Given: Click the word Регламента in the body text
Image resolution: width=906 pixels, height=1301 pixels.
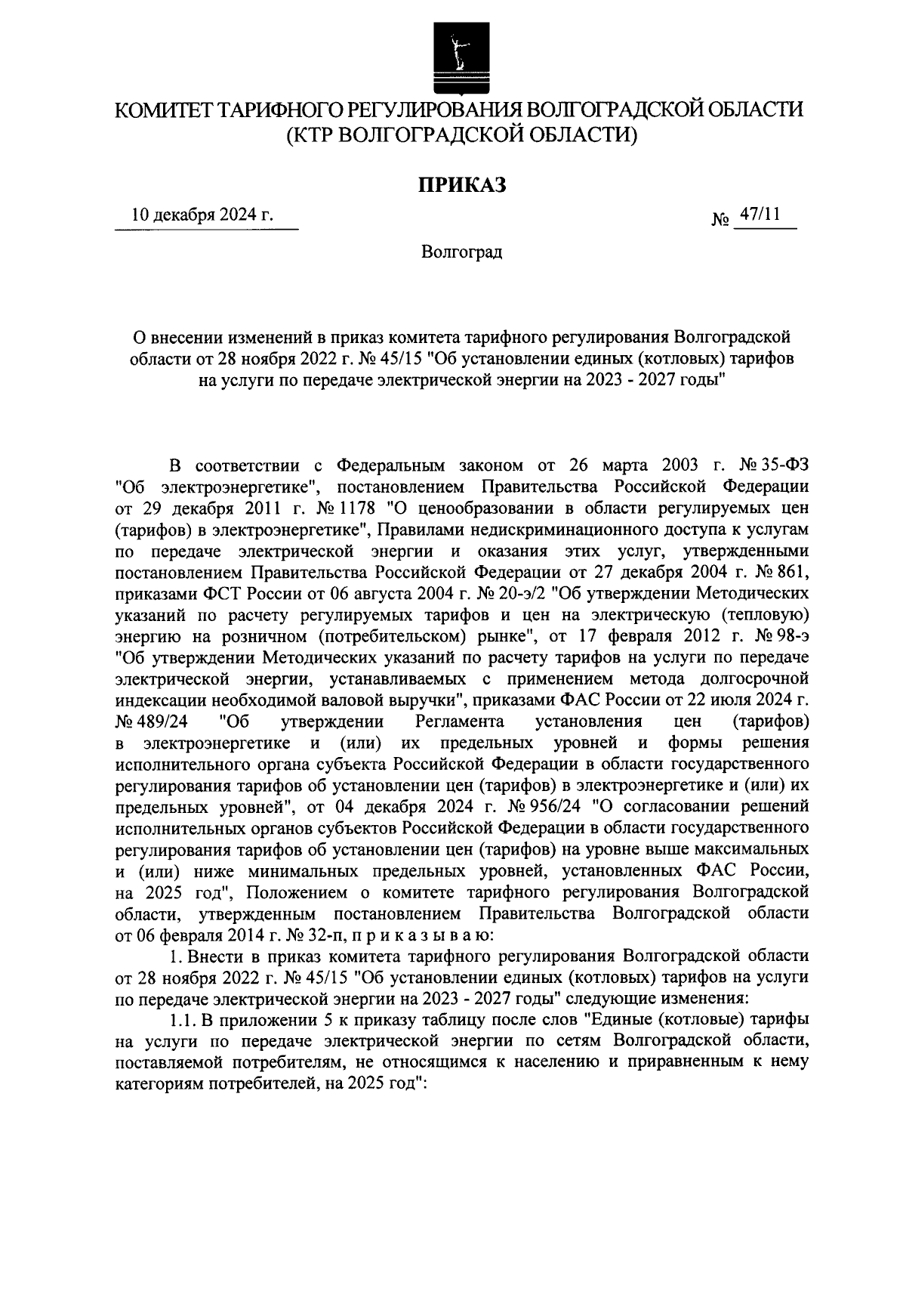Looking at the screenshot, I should (x=459, y=720).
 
